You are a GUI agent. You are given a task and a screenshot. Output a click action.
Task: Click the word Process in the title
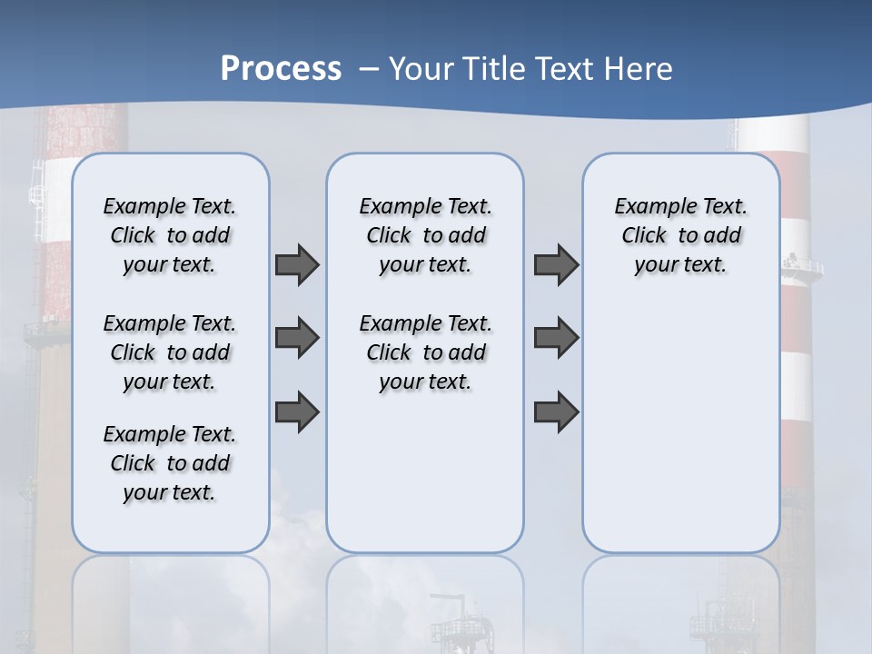[281, 68]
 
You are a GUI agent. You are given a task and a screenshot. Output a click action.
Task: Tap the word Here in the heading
[640, 68]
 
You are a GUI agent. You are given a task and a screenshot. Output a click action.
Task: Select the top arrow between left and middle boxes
[297, 264]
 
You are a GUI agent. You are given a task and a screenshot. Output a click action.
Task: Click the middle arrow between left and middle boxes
[297, 338]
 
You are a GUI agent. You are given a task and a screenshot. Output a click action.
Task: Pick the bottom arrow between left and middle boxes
[297, 411]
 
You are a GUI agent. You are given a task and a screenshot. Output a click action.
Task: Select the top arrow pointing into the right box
[556, 264]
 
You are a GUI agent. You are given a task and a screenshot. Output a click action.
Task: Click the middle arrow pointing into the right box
[556, 338]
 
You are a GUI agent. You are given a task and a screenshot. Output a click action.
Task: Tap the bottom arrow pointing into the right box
[556, 411]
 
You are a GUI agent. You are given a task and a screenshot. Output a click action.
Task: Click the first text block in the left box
[170, 235]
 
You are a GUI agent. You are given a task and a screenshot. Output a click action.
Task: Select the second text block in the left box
[170, 352]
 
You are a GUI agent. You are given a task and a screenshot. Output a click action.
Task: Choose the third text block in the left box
[170, 463]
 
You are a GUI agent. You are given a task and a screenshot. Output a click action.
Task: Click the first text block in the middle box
[425, 235]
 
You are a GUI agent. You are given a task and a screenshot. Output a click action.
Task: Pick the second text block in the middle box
[425, 352]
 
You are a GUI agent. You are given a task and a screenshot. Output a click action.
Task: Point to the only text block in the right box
[681, 235]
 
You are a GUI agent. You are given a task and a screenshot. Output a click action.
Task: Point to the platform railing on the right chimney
[803, 265]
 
